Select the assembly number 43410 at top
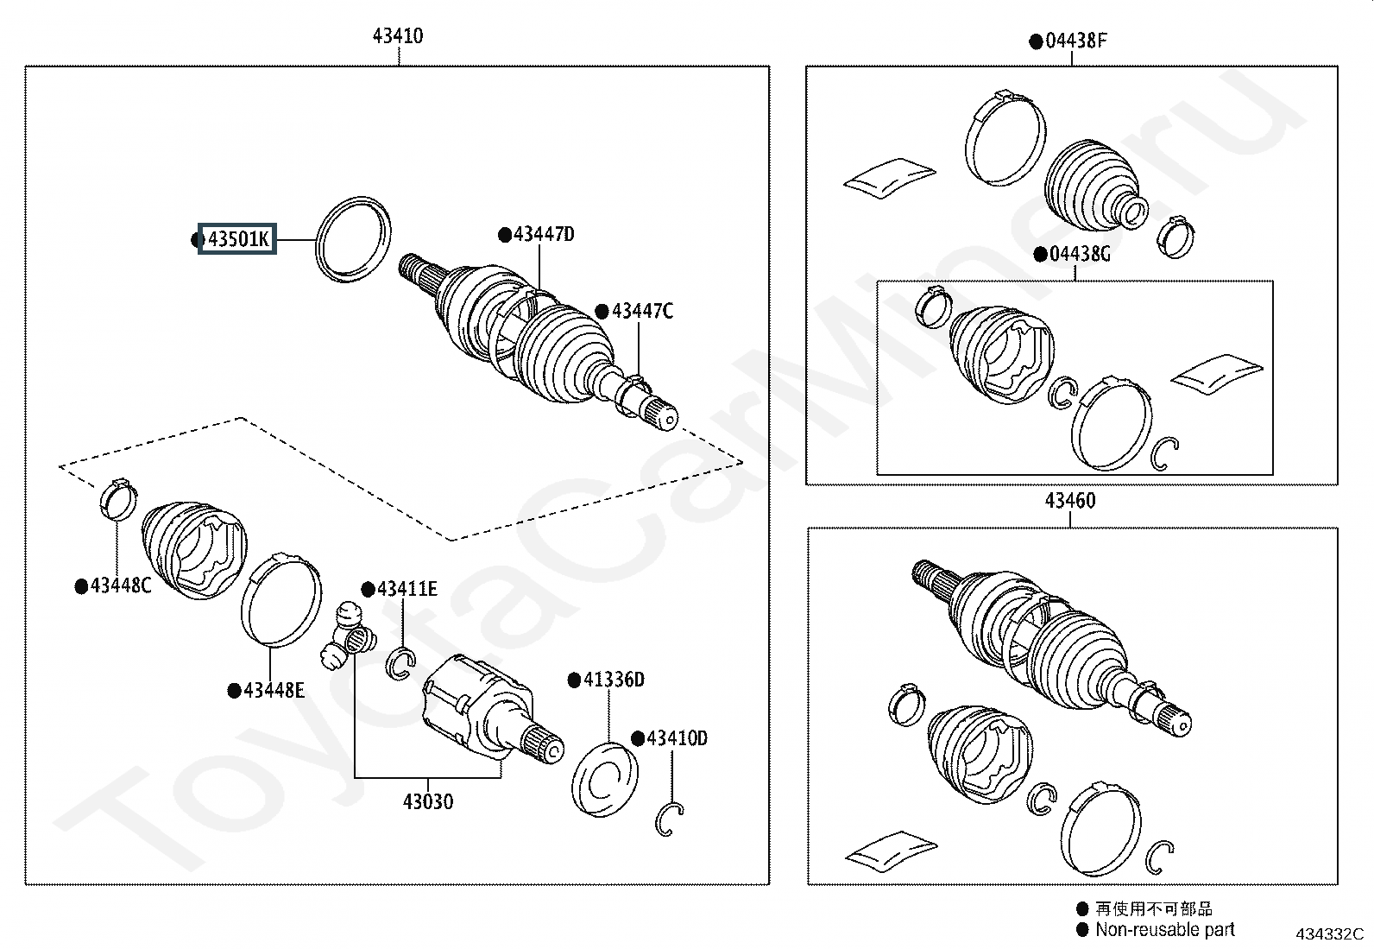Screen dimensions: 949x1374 click(x=398, y=36)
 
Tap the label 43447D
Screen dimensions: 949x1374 click(x=544, y=234)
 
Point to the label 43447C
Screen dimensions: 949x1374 click(x=642, y=311)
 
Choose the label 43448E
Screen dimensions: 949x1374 click(x=274, y=690)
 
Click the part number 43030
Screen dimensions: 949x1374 click(x=427, y=801)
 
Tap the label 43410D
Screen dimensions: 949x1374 click(x=677, y=738)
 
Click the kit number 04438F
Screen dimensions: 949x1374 click(x=1075, y=41)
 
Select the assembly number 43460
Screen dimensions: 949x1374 click(x=1070, y=501)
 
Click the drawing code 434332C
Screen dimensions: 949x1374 click(x=1328, y=933)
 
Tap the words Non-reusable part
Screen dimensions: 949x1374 click(x=1164, y=929)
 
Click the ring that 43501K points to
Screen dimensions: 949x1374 click(x=354, y=238)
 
